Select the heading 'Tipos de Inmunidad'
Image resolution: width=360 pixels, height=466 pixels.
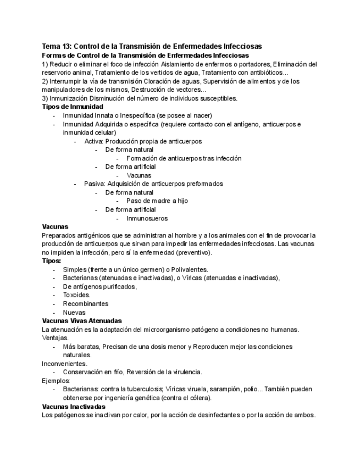[73, 107]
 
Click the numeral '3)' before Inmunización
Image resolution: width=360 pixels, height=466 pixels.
[46, 98]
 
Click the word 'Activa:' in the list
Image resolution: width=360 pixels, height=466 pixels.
[94, 141]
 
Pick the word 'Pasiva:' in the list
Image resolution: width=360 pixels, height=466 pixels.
[95, 184]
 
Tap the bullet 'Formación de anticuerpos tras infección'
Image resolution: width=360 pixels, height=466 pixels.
[184, 158]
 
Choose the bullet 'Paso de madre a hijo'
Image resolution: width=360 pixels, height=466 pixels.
[157, 201]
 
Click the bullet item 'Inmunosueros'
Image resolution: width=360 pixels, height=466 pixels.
[147, 218]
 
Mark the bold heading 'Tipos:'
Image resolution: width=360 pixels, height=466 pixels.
[52, 261]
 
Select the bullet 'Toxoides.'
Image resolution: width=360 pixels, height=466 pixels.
[76, 295]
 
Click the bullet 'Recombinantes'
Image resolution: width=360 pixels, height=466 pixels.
[85, 304]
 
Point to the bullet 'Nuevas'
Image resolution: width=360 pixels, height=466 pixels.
[74, 313]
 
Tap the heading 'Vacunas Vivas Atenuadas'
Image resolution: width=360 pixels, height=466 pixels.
[82, 321]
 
